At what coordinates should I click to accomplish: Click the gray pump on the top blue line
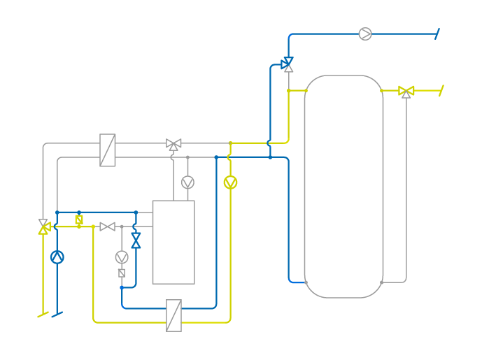[365, 34]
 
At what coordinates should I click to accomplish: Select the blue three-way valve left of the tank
[288, 64]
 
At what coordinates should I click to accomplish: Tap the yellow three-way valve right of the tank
[406, 91]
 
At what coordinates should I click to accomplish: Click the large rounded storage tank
[343, 187]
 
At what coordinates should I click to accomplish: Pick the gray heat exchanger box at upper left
[108, 150]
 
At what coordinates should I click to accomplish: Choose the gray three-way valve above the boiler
[173, 144]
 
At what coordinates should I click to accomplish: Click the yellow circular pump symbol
[230, 182]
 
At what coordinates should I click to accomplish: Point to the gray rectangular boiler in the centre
[173, 242]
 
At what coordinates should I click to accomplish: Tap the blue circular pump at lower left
[57, 257]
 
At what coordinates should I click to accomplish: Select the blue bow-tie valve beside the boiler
[136, 240]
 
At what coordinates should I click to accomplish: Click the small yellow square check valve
[79, 219]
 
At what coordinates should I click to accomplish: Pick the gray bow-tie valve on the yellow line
[107, 226]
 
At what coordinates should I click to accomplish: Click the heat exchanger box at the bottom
[173, 315]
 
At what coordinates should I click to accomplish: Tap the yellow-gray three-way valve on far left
[44, 226]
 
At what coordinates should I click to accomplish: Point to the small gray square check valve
[122, 273]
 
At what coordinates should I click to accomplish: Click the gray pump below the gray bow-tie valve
[122, 257]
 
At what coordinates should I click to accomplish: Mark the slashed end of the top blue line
[437, 34]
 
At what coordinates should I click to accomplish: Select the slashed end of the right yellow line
[441, 90]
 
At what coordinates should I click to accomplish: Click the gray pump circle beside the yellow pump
[187, 182]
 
